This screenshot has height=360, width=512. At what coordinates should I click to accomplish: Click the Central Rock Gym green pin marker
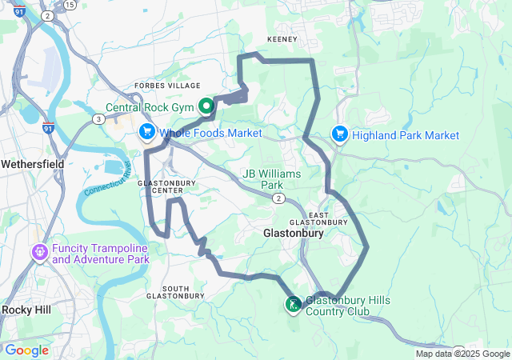point(206,106)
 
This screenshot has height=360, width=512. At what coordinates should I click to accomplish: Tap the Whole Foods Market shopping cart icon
point(147,131)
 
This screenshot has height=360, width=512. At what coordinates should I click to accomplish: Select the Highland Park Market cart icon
point(339,134)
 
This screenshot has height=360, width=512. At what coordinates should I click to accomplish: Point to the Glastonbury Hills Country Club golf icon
point(294,304)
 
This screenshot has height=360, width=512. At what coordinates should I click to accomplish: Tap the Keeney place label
point(282,39)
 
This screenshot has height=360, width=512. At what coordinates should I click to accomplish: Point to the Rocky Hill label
point(28,310)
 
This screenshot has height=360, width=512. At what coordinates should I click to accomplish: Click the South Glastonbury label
point(175,292)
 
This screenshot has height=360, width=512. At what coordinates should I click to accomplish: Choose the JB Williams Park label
point(274,179)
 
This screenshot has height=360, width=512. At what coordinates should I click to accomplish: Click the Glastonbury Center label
point(166,186)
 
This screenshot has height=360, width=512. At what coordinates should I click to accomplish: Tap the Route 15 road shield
point(70,5)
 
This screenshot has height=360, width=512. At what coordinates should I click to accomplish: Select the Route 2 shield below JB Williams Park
point(278,198)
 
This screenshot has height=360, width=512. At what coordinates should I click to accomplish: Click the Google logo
point(26,350)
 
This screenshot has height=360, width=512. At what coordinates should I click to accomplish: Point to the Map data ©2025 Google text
point(462,354)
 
